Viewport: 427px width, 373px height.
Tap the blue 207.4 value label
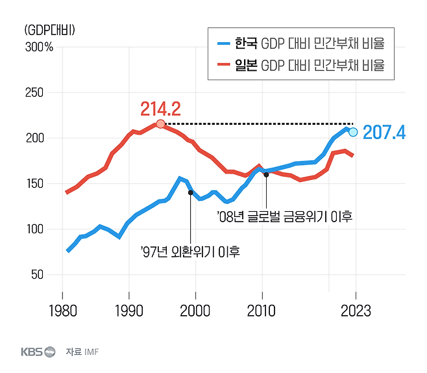click(x=384, y=133)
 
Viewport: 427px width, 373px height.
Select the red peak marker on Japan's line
click(x=160, y=124)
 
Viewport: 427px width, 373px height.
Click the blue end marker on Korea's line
click(x=353, y=132)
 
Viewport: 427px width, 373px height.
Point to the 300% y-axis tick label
click(x=39, y=47)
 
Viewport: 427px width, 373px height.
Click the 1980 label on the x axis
click(x=62, y=311)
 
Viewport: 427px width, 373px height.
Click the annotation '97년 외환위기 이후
click(x=190, y=251)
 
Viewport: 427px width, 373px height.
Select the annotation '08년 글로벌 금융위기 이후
click(x=284, y=216)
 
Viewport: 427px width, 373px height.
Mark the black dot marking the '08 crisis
click(x=266, y=175)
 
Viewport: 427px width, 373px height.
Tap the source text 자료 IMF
click(x=83, y=352)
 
